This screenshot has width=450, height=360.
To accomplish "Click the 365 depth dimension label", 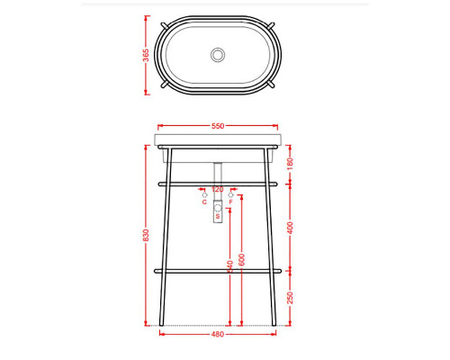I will point(146,54).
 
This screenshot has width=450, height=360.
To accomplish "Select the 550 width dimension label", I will point(217,126).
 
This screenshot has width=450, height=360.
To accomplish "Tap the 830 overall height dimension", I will point(146,234).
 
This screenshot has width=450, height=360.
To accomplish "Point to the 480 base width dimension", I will point(217,336).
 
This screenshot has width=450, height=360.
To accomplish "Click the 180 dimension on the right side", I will point(290,162).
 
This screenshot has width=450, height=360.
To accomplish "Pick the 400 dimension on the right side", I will point(290,227).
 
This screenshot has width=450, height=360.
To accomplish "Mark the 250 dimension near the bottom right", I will point(290,297).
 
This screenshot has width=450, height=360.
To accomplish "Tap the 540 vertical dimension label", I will point(230,267).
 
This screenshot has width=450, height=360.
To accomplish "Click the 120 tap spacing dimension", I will point(217,190).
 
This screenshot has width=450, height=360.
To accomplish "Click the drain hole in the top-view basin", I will point(217,55).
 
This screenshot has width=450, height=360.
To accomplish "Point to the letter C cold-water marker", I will point(204,202).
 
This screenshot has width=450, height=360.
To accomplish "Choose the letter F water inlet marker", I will point(230,202).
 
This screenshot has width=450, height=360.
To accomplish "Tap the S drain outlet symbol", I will point(217,216).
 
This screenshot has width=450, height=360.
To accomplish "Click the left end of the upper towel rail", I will point(159,184).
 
